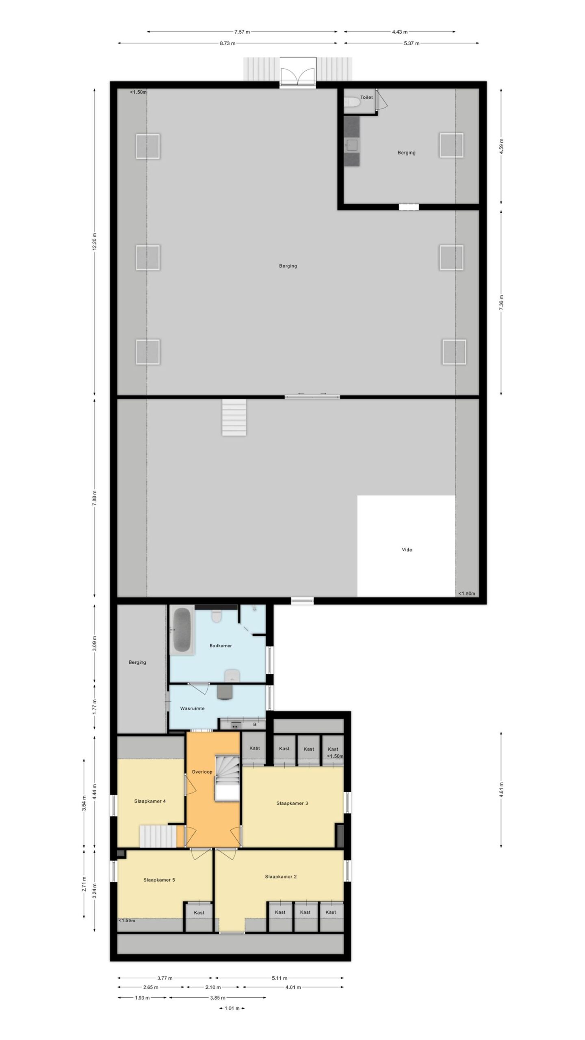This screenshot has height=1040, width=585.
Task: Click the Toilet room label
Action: [x=366, y=97]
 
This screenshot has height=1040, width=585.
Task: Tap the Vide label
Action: [x=407, y=550]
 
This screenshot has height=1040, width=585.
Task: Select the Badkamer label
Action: [x=221, y=646]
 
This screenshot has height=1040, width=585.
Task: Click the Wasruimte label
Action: [x=192, y=708]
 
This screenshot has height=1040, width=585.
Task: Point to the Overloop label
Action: [x=202, y=772]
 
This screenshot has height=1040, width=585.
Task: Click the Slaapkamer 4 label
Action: [x=150, y=801]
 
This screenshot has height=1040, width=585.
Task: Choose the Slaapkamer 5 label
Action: [x=159, y=880]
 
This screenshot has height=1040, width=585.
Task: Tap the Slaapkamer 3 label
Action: [x=292, y=803]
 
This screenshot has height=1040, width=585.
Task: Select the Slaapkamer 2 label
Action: [x=281, y=877]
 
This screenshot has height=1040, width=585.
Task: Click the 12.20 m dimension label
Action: [x=95, y=242]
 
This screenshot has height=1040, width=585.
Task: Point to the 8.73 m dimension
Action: [x=227, y=43]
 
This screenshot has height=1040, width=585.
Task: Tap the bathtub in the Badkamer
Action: [x=182, y=630]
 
